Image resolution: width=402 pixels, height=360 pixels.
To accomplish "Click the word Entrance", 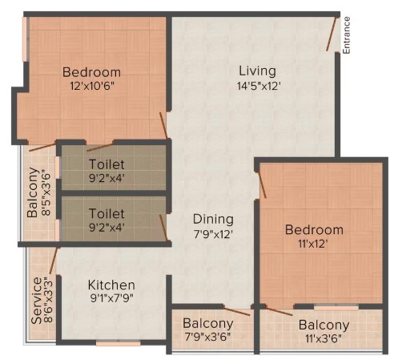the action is [346, 35].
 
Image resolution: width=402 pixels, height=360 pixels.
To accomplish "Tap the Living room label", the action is [257, 71].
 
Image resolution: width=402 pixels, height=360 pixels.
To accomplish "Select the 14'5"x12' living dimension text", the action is [259, 86].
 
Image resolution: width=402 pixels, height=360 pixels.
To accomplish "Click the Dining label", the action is [213, 220].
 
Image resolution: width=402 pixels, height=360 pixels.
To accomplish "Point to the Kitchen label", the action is [111, 285].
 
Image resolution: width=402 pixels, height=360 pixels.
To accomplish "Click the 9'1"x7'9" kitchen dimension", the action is [111, 298].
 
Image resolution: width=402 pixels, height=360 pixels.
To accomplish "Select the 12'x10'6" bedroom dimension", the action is [92, 86].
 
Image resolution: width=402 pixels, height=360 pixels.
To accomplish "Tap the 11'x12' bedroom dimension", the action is [312, 244].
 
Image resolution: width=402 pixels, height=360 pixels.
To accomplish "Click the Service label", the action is [37, 301].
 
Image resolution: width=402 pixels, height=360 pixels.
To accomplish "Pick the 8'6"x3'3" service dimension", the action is [48, 300].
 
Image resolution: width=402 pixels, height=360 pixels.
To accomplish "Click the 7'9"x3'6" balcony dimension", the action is [207, 337].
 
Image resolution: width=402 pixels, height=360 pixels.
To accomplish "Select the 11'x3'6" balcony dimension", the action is [324, 338].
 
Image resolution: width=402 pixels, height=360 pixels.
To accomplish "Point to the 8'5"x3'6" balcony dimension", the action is [46, 192].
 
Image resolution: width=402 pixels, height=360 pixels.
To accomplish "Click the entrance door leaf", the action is [332, 34].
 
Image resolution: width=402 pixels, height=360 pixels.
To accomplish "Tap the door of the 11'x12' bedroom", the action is [261, 184].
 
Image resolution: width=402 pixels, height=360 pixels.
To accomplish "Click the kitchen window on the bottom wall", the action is [118, 343].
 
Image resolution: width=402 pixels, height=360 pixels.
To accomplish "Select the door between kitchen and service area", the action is [54, 261].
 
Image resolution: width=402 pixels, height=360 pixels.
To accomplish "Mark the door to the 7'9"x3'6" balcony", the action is [236, 311].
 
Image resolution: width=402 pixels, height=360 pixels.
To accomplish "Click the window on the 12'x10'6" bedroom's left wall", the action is [25, 39].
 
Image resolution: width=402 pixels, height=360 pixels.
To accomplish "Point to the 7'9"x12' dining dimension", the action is [213, 234].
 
